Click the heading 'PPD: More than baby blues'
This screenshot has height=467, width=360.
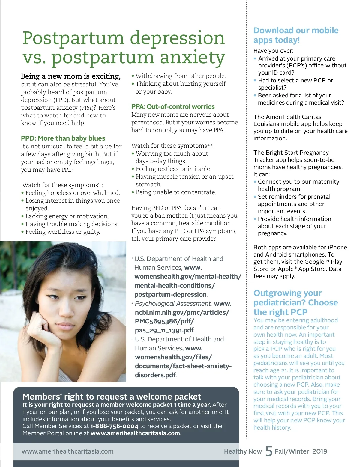tap(63, 138)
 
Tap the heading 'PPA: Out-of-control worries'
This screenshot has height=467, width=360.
tap(173, 106)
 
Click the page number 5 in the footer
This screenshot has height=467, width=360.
tap(269, 451)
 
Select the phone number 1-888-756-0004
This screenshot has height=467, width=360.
tap(114, 426)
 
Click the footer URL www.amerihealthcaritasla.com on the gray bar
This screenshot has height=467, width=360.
tap(67, 451)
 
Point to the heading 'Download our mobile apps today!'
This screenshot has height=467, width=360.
tap(296, 35)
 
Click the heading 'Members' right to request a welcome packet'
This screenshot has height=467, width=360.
tap(112, 397)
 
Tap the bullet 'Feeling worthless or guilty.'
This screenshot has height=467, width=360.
tap(63, 232)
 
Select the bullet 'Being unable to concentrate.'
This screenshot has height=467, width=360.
tap(176, 192)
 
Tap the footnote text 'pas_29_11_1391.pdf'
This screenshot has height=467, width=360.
tap(164, 330)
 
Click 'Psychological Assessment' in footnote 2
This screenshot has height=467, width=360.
tap(173, 303)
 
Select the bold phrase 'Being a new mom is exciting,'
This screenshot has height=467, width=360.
tap(71, 76)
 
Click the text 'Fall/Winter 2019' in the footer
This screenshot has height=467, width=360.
tap(301, 451)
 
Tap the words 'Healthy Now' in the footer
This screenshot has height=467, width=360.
tap(243, 451)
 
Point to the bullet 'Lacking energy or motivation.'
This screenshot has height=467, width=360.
tap(67, 216)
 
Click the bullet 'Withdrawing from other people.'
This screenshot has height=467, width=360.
tap(181, 76)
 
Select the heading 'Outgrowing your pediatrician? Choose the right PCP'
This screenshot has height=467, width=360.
tap(295, 302)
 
